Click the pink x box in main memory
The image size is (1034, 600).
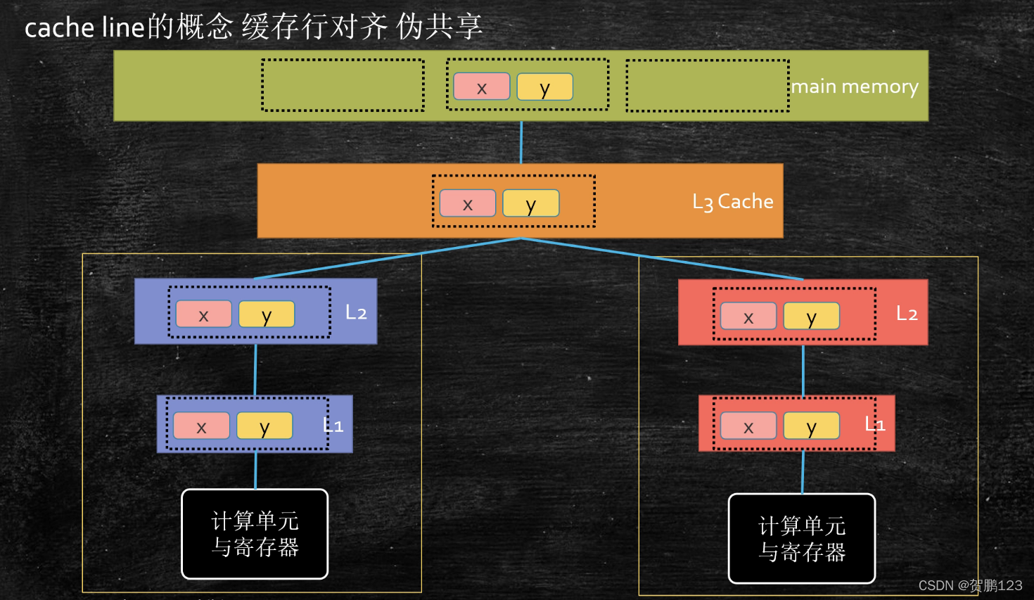(x=482, y=87)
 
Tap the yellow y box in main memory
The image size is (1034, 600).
(x=544, y=87)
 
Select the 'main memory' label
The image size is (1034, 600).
(x=855, y=87)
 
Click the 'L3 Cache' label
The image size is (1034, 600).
(x=733, y=202)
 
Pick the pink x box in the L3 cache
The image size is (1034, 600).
(x=468, y=203)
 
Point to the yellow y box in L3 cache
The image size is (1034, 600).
(x=531, y=203)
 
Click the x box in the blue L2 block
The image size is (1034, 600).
(x=203, y=314)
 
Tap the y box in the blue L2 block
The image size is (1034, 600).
(x=267, y=314)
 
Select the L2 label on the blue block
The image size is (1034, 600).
(x=356, y=313)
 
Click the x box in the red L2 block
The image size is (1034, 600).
(x=748, y=316)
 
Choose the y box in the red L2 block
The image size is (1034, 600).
(x=812, y=316)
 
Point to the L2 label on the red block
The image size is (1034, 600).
(x=907, y=314)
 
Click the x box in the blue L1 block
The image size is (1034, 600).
(x=201, y=426)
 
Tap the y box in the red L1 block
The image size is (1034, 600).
(x=812, y=426)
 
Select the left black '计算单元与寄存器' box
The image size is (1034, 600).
(x=255, y=534)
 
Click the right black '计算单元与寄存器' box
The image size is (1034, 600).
(x=802, y=539)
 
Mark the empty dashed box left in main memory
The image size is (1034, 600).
(x=343, y=85)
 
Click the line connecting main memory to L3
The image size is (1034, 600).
(x=521, y=142)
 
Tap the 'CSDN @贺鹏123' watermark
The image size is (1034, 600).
(x=970, y=585)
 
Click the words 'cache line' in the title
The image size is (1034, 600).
(x=84, y=27)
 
